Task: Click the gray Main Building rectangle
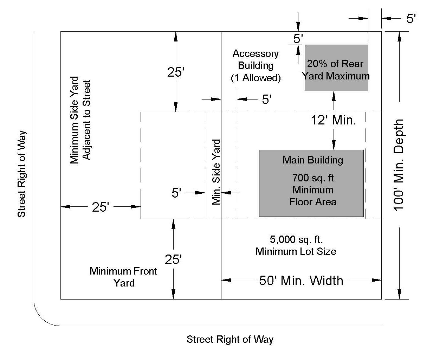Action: coord(311,183)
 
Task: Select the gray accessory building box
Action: coord(336,67)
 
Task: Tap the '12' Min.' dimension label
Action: coord(334,120)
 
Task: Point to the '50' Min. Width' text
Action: coord(301,281)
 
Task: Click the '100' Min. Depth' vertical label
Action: coord(399,165)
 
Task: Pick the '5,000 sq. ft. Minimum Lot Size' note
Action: coord(296,245)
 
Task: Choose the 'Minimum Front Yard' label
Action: coord(123,277)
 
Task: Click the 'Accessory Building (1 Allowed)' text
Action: coord(256,66)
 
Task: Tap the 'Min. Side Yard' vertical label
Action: coord(216,172)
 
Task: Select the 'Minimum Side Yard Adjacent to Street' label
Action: coord(80,120)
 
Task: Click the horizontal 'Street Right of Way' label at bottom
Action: coord(230,340)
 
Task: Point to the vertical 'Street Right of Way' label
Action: coord(21,174)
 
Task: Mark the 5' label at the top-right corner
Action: coord(411,19)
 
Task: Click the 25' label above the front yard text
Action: coord(173,259)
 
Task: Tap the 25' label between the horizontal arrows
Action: coord(101,207)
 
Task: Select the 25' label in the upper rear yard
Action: coord(176,72)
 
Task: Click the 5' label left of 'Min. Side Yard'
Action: coord(176,193)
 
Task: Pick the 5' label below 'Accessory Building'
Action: coord(266,99)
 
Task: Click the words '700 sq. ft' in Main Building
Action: coord(313,178)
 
